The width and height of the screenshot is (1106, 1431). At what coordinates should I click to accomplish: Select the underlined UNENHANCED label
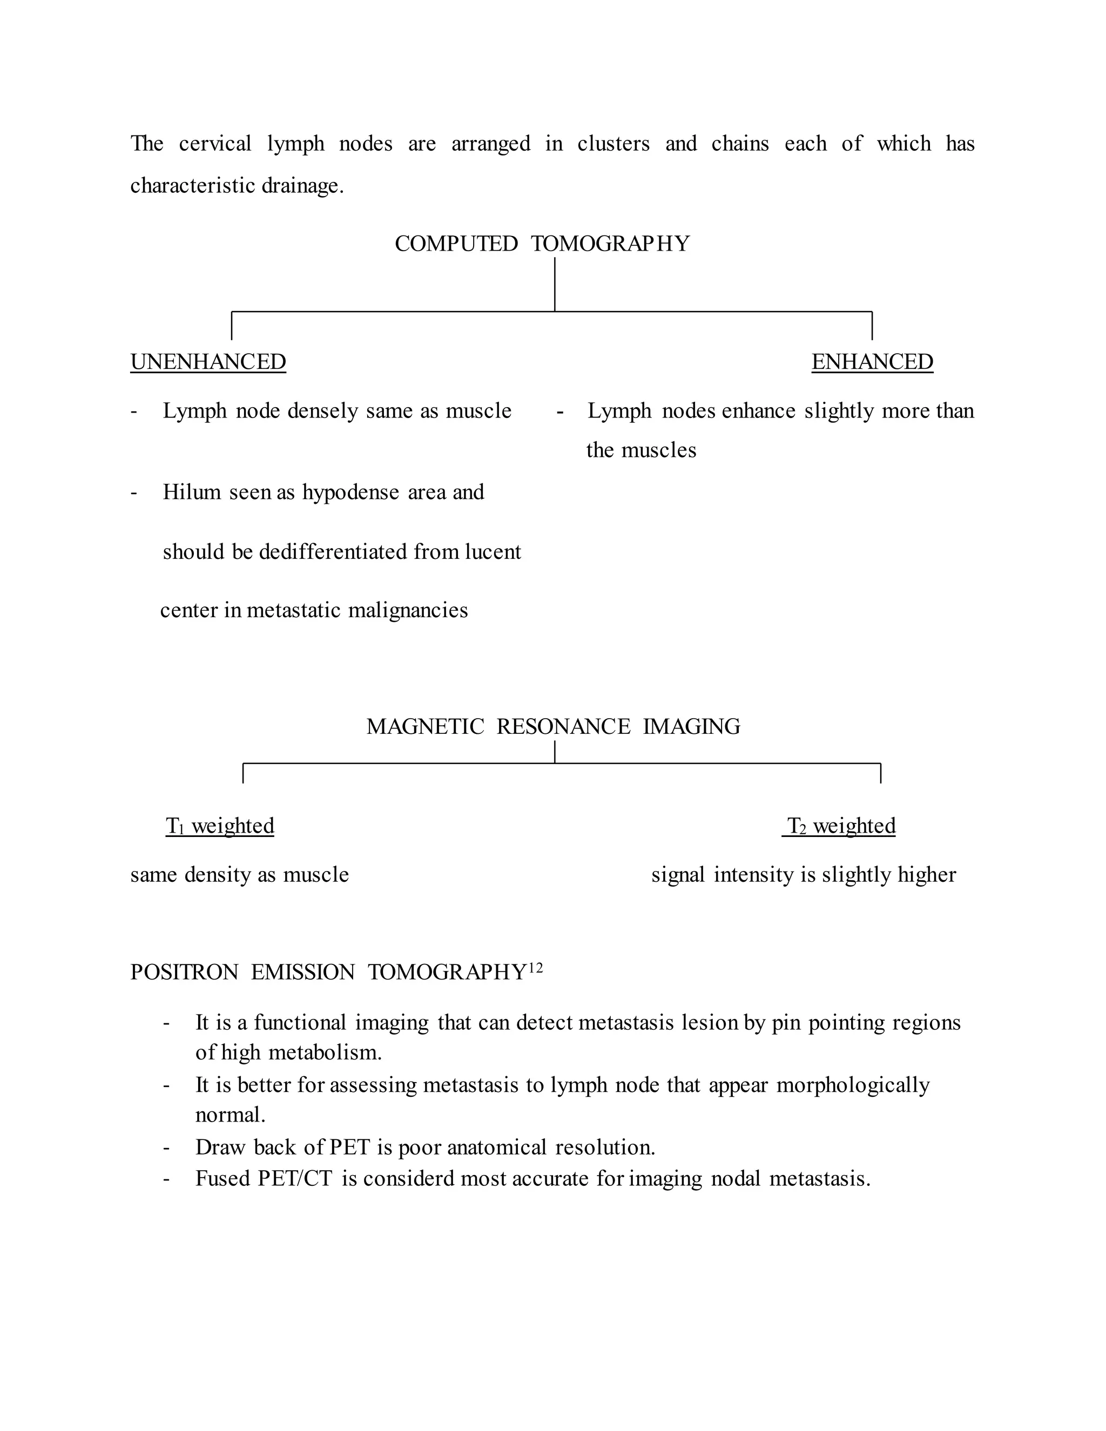(208, 362)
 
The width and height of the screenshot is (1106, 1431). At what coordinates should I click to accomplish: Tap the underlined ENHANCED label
(872, 362)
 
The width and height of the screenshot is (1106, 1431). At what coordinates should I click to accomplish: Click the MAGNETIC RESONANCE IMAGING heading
(553, 727)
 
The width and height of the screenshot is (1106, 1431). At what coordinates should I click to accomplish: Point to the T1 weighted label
(220, 826)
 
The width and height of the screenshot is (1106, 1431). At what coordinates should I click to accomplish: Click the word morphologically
(853, 1086)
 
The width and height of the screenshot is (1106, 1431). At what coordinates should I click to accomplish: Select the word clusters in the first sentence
(613, 144)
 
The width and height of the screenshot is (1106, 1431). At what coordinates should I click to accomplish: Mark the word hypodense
(350, 492)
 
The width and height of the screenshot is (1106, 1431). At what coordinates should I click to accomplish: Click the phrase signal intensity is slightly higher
(803, 875)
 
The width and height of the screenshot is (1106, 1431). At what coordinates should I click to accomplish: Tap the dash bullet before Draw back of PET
(166, 1148)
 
